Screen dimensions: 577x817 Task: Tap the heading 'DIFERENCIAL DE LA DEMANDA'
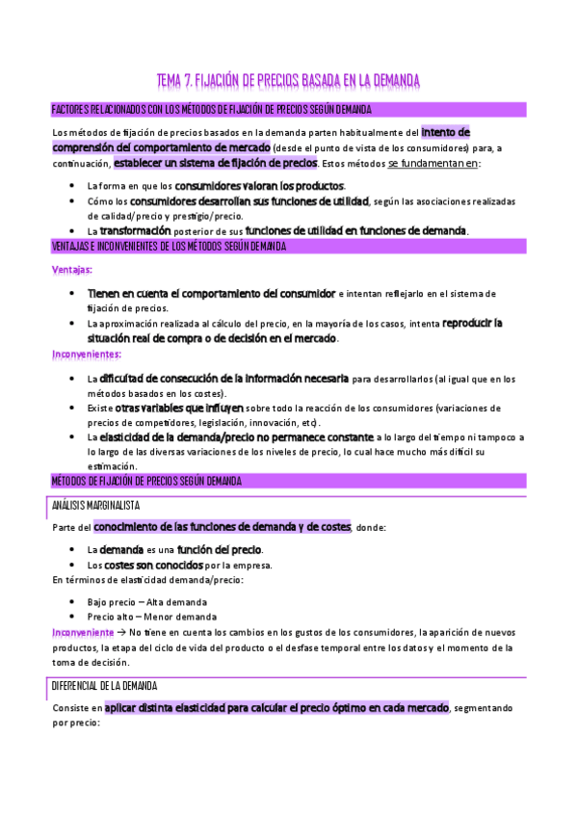[104, 685]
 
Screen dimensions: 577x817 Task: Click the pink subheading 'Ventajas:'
[73, 270]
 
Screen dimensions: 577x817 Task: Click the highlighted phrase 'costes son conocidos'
[153, 565]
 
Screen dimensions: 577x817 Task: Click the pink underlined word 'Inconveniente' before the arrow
[83, 632]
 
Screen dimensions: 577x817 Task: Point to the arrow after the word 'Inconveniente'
[121, 632]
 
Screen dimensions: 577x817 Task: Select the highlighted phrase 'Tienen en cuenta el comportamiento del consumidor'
[211, 292]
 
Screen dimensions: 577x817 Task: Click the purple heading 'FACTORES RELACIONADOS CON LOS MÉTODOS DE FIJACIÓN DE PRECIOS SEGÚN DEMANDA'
[211, 110]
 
